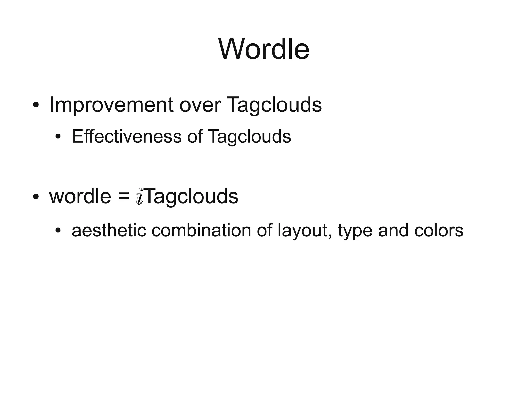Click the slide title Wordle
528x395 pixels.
pyautogui.click(x=264, y=49)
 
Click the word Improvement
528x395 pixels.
pyautogui.click(x=111, y=105)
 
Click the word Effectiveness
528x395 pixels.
pyautogui.click(x=127, y=136)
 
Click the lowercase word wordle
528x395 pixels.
pyautogui.click(x=80, y=196)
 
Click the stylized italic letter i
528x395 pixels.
pyautogui.click(x=139, y=196)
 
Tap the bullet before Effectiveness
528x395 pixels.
pyautogui.click(x=58, y=136)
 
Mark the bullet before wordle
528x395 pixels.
pyautogui.click(x=36, y=197)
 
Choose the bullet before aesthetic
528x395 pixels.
pyautogui.click(x=58, y=230)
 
